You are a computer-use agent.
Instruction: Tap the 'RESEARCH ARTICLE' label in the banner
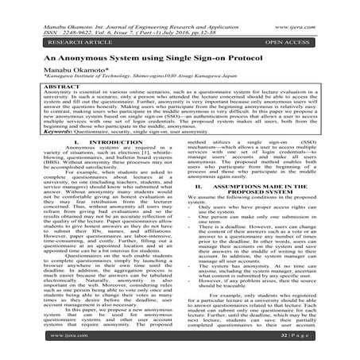58,39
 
